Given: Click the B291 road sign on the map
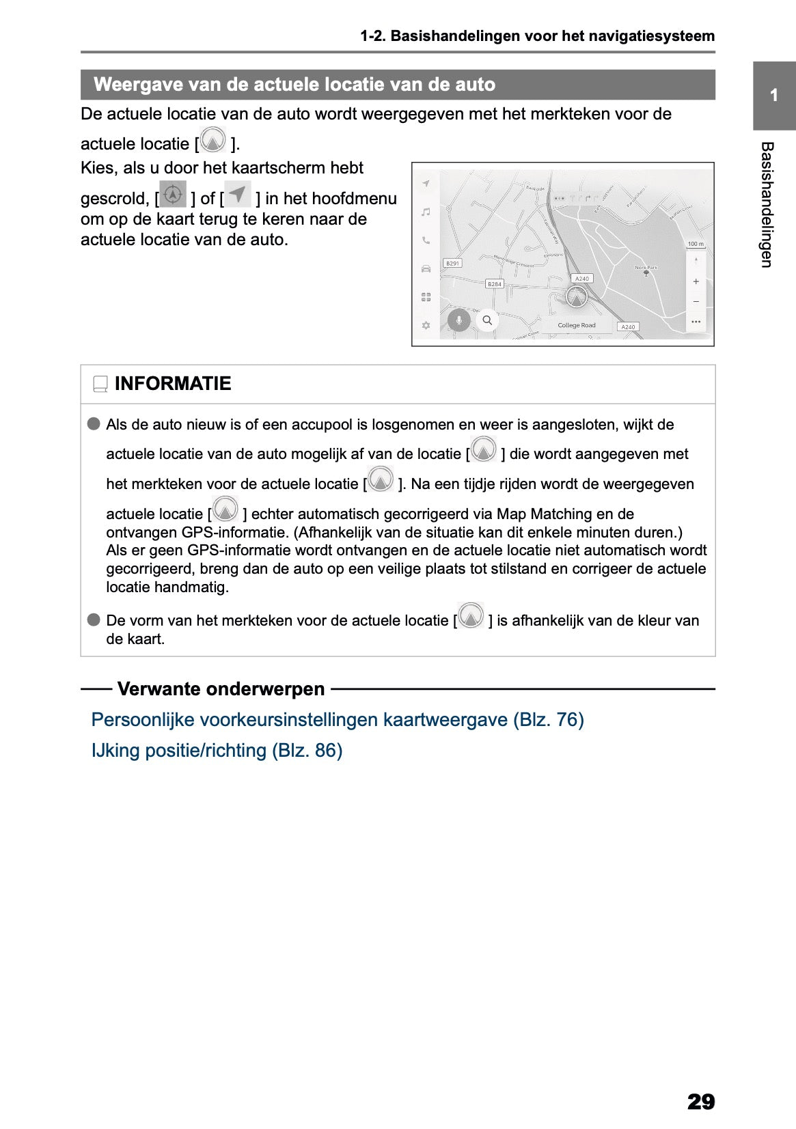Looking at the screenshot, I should (x=452, y=263).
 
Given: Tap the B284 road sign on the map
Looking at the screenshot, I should (x=494, y=283).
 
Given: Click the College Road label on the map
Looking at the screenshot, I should (x=576, y=325).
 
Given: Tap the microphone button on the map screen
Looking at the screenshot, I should (x=459, y=320).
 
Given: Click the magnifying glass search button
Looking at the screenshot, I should (x=487, y=320).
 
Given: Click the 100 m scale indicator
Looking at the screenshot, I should (x=696, y=244).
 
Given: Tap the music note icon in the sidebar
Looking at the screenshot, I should (x=426, y=212).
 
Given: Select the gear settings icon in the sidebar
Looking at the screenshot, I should (x=426, y=325).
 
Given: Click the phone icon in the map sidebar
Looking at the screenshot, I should (x=426, y=240).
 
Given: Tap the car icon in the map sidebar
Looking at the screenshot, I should (x=426, y=268).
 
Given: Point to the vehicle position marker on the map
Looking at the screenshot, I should (x=577, y=298).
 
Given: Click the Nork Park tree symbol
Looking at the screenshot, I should (x=646, y=273).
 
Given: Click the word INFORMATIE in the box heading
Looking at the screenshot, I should (x=173, y=384).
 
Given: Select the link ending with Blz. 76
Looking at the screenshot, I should (x=338, y=719).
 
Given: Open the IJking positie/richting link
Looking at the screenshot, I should (x=217, y=750).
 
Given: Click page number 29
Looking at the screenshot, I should (x=700, y=1101).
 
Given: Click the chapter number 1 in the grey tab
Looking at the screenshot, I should (x=773, y=96).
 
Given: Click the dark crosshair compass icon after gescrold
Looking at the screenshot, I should (x=173, y=195).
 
